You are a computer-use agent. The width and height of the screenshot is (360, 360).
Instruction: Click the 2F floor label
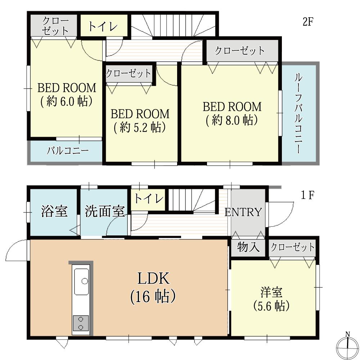click(x=308, y=21)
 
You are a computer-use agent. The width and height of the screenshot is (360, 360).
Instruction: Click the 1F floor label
click(x=308, y=195)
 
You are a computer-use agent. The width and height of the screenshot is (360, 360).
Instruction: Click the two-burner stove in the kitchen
click(x=80, y=323)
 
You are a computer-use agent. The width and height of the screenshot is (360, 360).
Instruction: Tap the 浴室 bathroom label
click(x=54, y=212)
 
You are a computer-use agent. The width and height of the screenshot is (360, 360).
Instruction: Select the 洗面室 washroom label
click(x=105, y=212)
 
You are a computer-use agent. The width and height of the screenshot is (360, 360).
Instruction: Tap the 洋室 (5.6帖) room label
click(x=271, y=299)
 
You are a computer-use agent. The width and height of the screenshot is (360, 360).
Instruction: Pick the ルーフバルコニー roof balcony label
click(x=298, y=113)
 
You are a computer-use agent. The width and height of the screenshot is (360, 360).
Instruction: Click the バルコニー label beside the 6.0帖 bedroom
click(x=68, y=150)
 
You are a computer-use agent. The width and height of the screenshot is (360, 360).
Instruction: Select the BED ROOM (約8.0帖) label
click(x=231, y=113)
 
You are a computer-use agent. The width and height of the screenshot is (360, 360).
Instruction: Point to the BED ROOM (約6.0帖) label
click(x=67, y=94)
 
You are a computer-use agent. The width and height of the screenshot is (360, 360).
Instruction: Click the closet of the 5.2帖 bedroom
click(x=129, y=74)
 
